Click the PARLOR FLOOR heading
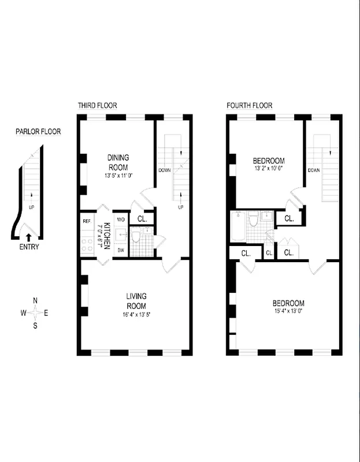[x=38, y=132]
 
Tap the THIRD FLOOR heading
[x=98, y=106]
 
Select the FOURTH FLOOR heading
[x=250, y=106]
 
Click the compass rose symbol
[x=36, y=312]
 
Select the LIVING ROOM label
[x=136, y=301]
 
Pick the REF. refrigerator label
[x=87, y=221]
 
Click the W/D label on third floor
[x=121, y=220]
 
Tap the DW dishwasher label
[x=121, y=250]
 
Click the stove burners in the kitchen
[x=87, y=243]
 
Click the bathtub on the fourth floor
[x=238, y=229]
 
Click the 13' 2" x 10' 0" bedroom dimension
[x=269, y=169]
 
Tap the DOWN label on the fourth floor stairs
[x=314, y=170]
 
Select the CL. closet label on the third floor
[x=143, y=219]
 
